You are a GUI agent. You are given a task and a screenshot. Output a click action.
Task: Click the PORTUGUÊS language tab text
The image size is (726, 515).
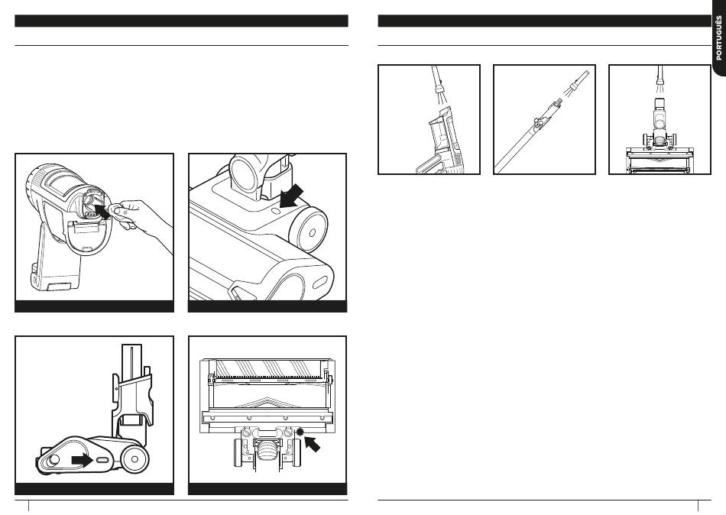pos(718,38)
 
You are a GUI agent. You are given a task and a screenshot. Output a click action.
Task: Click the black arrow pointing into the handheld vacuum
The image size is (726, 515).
pos(102,211)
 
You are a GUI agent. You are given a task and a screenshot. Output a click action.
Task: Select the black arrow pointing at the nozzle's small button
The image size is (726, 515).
pos(292,196)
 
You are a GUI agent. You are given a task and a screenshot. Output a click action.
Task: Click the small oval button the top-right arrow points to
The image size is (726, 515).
pos(275,211)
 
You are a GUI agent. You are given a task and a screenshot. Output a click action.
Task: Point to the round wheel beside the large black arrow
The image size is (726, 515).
pos(308,230)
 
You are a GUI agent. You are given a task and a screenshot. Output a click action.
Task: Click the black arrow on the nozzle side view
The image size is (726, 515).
pos(82,460)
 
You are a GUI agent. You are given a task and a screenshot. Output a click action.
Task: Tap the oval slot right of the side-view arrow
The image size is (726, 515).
pos(102,460)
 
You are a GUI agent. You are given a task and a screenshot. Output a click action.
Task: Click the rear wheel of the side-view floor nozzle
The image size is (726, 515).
pos(135,459)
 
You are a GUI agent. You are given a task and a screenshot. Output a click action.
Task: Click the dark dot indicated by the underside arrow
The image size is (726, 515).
pos(300,432)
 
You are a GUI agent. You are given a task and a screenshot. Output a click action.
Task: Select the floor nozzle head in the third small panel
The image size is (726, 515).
pos(660,160)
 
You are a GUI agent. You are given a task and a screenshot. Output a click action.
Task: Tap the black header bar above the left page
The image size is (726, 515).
pos(182,21)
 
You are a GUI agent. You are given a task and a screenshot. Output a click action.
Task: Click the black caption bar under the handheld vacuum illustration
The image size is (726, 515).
pos(95,306)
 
